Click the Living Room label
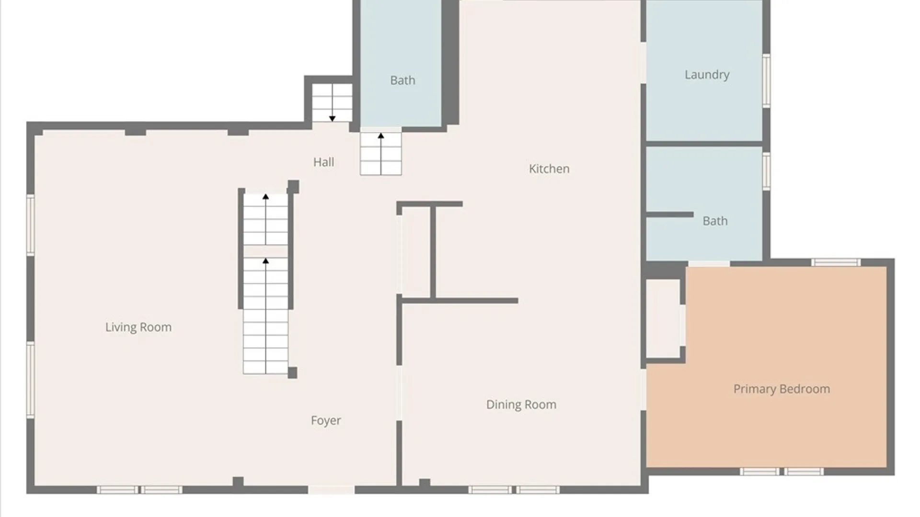click(138, 327)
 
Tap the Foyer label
click(326, 421)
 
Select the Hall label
click(323, 162)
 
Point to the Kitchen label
click(549, 169)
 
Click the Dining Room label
click(521, 405)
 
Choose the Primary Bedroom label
click(782, 389)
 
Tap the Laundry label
click(707, 75)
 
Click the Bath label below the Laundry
click(715, 221)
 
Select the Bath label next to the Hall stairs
click(402, 80)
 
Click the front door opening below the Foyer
click(331, 490)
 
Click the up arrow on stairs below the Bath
click(381, 154)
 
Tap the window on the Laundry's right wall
click(766, 80)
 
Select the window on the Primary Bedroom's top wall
click(836, 262)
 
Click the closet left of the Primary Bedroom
click(663, 318)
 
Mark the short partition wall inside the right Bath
click(670, 214)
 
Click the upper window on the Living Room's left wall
click(31, 225)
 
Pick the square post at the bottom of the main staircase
click(292, 373)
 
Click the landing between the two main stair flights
click(265, 251)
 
